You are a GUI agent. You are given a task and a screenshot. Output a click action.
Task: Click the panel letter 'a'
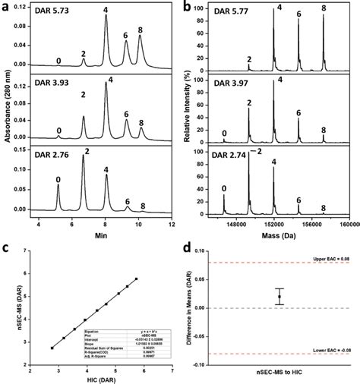click(x=8, y=7)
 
